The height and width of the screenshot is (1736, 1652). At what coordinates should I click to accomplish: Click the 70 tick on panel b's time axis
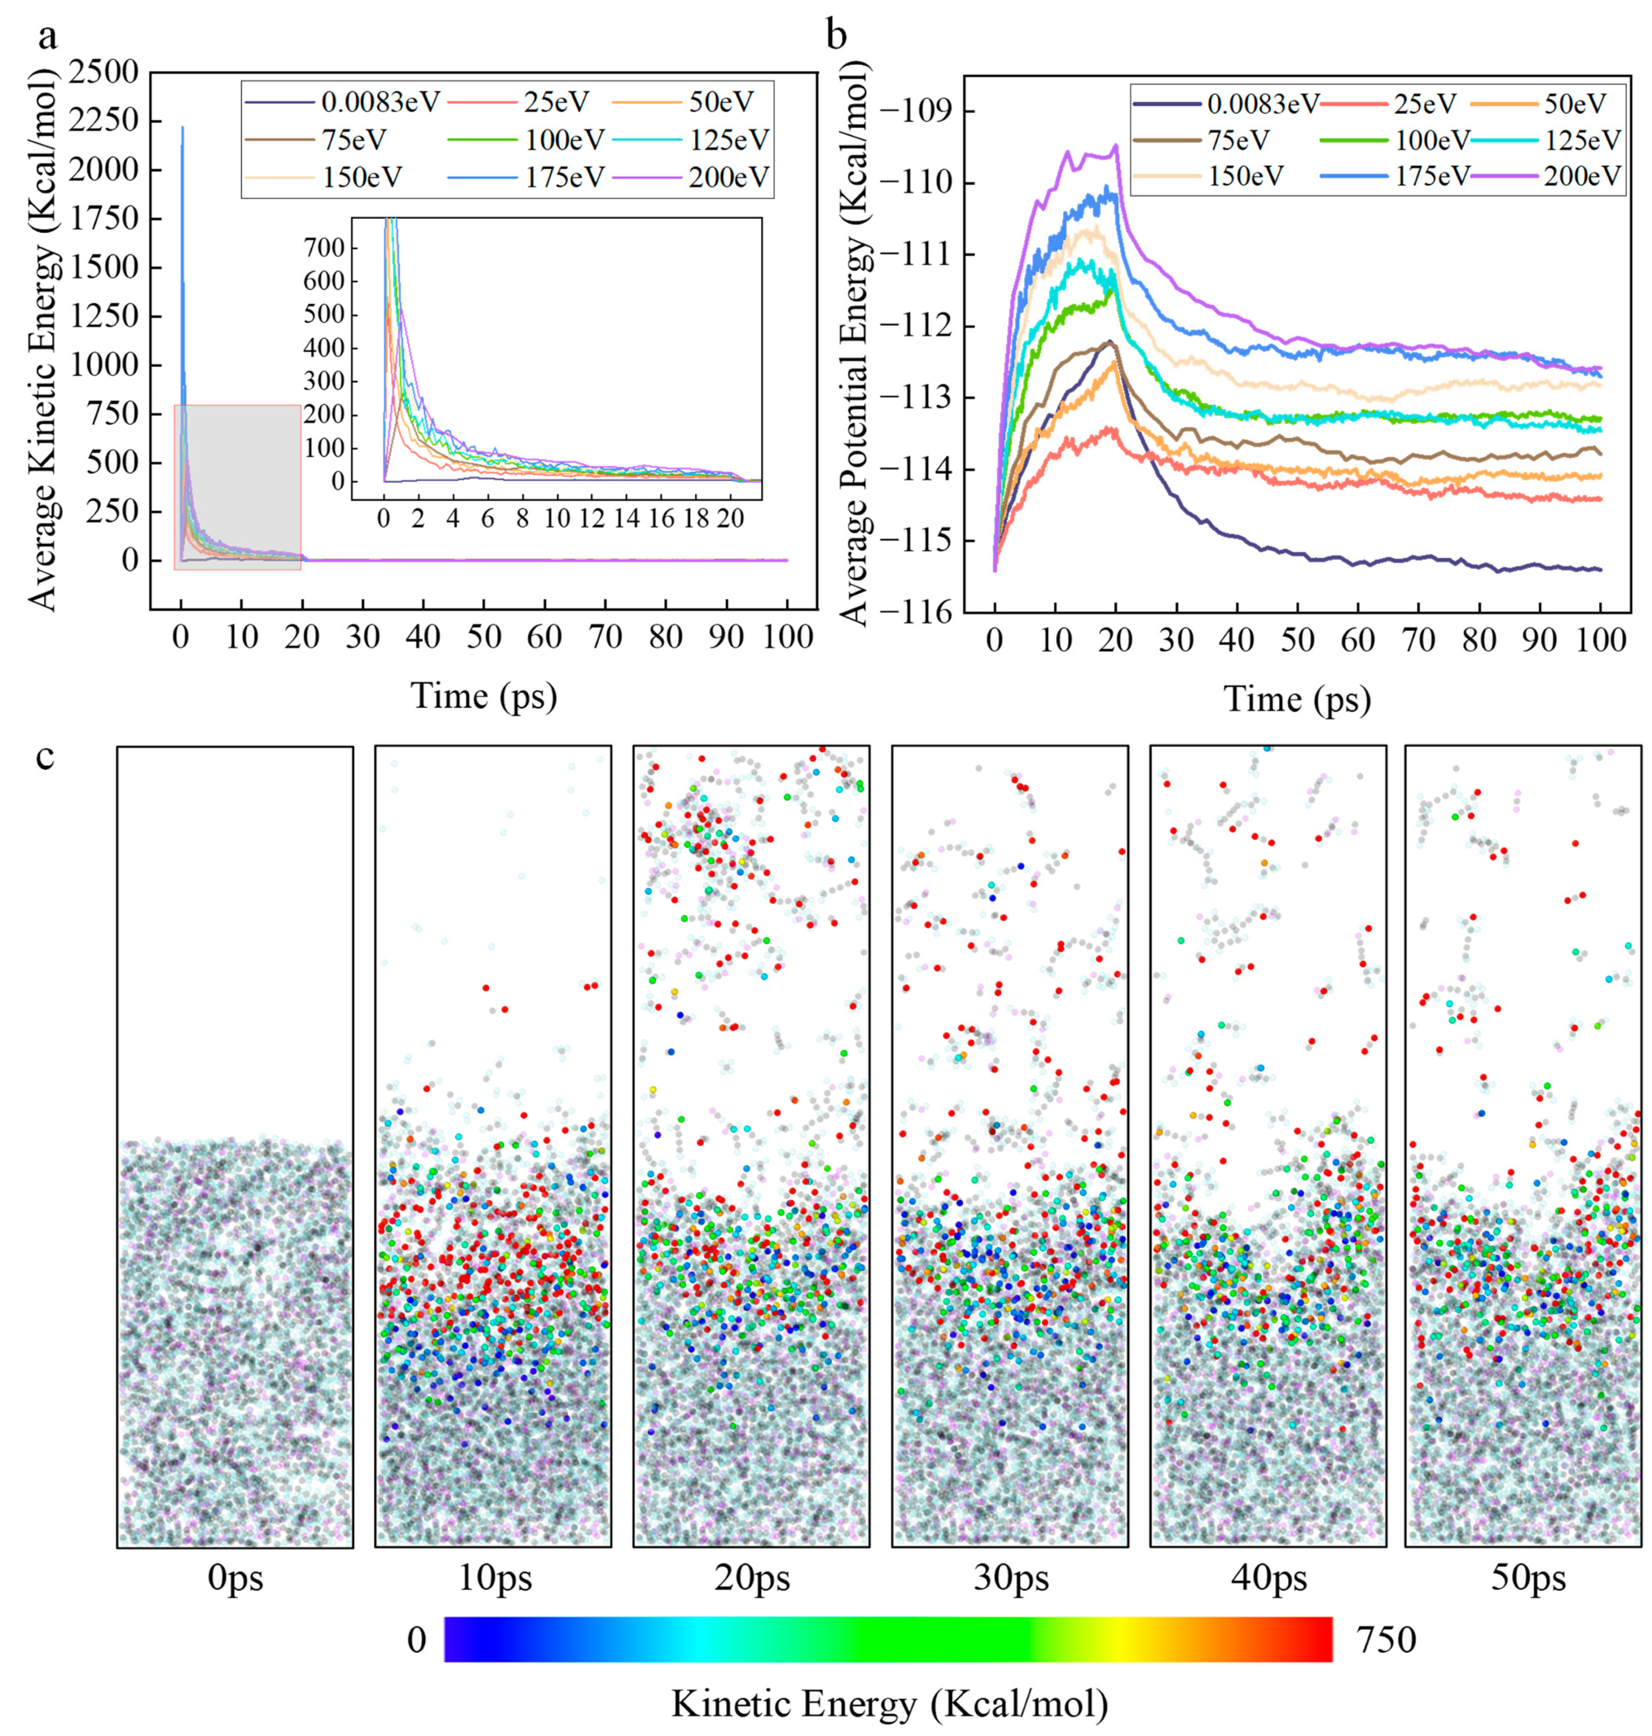click(x=1419, y=640)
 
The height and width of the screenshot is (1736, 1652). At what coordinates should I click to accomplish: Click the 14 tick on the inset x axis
click(x=627, y=518)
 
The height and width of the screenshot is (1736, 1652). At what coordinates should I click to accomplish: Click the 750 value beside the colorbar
click(x=1386, y=1640)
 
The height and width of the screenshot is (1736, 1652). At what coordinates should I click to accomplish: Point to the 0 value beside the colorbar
click(x=417, y=1640)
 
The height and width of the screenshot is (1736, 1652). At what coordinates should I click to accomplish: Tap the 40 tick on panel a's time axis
click(x=423, y=637)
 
